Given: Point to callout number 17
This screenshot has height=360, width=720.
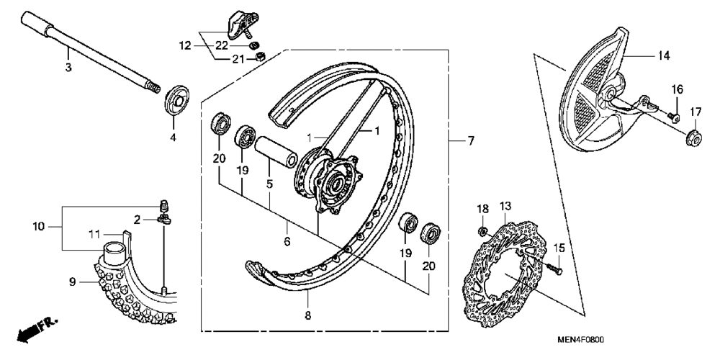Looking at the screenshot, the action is (695, 112).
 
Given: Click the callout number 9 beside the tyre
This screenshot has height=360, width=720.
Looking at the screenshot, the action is (72, 282).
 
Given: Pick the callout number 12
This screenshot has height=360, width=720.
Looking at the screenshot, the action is (184, 45).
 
